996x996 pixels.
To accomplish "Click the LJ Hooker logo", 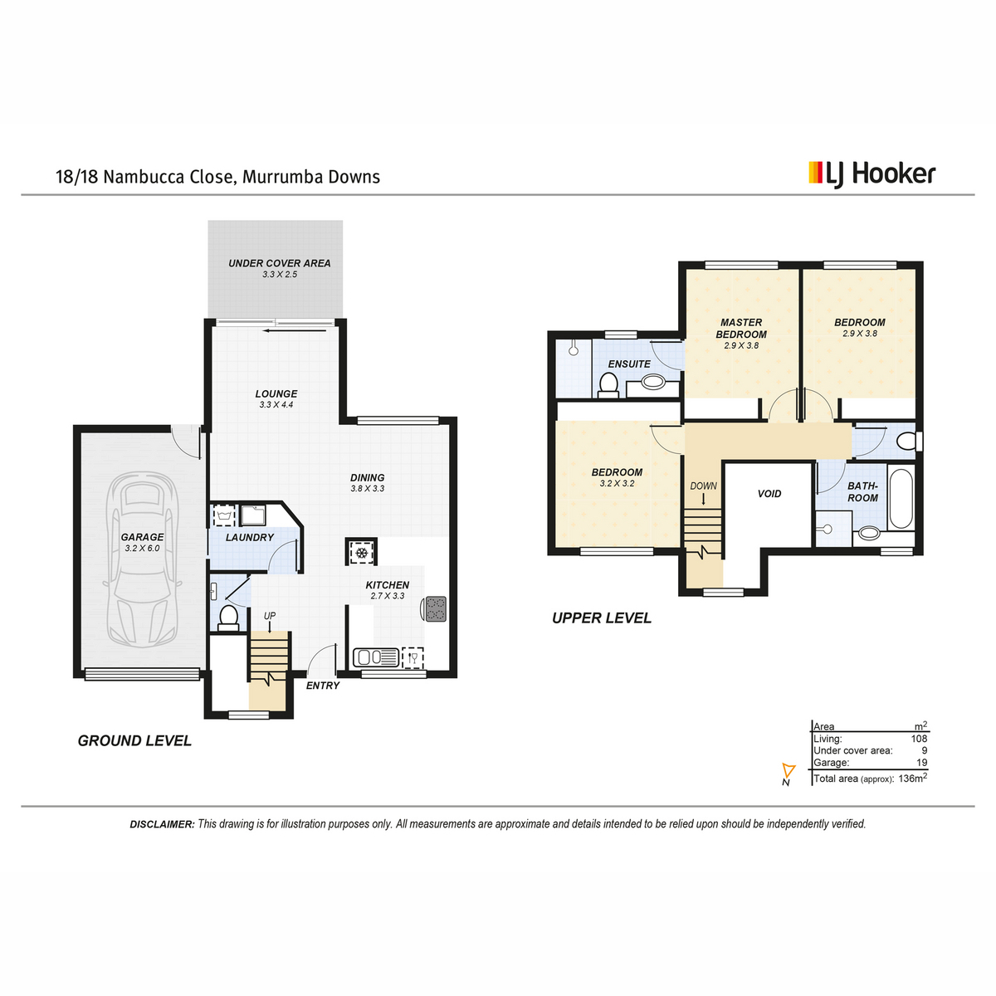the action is [x=871, y=174].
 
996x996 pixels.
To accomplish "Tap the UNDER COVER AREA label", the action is [x=279, y=263].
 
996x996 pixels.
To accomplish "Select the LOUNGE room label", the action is [x=276, y=393].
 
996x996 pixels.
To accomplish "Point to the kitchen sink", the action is [x=376, y=657].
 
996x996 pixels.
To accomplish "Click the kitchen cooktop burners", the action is [x=435, y=608].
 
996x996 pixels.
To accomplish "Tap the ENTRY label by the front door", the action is [x=323, y=686].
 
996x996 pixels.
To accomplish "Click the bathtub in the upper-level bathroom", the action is [x=901, y=498].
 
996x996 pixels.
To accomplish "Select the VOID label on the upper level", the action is [x=769, y=494].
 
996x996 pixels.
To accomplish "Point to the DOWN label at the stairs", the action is [x=703, y=486].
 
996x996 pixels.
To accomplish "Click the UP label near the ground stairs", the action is [x=270, y=616].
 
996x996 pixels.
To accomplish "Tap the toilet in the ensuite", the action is [x=608, y=385].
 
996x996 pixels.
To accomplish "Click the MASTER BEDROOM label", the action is [x=741, y=328].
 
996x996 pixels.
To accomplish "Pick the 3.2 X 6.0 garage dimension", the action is [x=142, y=549].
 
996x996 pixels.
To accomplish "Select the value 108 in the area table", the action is [x=919, y=739].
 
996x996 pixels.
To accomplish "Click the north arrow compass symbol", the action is [x=788, y=770].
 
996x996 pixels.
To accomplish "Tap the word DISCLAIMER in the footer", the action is [x=163, y=824].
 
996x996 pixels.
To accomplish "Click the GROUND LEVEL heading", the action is [x=134, y=740].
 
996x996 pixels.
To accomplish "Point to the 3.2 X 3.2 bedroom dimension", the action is [x=617, y=483].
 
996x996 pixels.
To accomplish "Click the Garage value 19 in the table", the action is [x=922, y=763].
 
